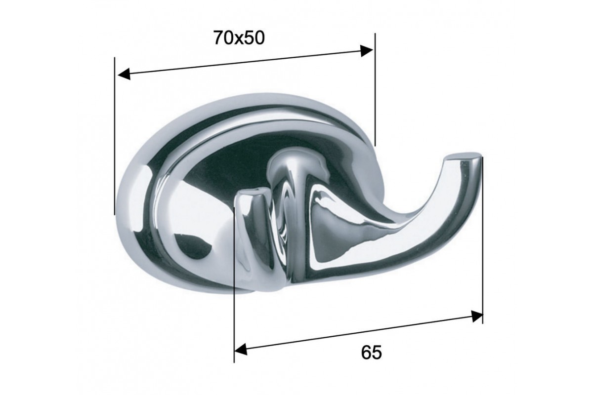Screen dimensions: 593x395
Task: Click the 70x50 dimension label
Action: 239,38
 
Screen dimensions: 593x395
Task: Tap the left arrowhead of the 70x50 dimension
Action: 124,74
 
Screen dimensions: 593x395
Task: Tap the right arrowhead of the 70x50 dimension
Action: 367,50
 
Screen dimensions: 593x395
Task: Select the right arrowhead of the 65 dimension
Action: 476,316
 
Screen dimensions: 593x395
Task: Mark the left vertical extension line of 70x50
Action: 115,136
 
